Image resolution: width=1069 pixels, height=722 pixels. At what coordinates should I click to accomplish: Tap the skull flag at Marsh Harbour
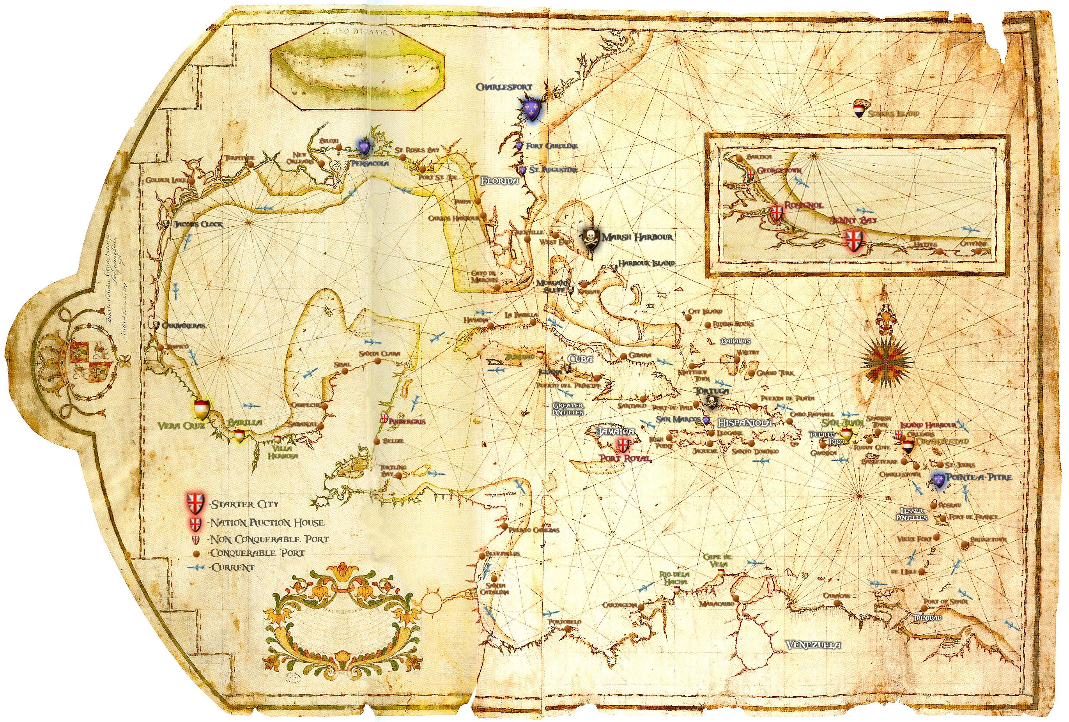click(x=590, y=238)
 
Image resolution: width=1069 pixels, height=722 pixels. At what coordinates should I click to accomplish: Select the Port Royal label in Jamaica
click(x=625, y=458)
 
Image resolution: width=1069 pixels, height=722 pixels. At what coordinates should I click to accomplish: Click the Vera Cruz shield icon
click(x=202, y=409)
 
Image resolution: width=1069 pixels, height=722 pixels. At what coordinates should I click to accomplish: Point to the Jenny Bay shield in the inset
click(x=854, y=240)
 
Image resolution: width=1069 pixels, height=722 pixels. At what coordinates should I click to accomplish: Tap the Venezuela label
click(x=813, y=645)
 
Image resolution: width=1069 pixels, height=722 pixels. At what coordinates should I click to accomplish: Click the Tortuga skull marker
click(x=711, y=403)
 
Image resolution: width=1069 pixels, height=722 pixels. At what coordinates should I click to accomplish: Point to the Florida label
click(x=499, y=181)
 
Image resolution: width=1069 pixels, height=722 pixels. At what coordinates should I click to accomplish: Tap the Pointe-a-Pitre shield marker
click(x=938, y=481)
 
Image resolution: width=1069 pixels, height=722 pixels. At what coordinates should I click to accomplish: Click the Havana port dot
click(x=491, y=325)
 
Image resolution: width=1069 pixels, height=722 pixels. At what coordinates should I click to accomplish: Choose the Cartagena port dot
click(x=641, y=607)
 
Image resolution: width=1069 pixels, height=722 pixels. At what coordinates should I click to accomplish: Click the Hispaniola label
click(x=745, y=423)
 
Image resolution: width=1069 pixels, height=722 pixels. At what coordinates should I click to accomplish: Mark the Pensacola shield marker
click(x=364, y=147)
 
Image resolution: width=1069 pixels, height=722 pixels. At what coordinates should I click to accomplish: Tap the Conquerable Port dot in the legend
click(x=196, y=553)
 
